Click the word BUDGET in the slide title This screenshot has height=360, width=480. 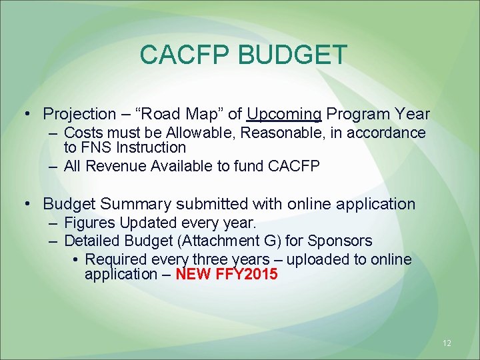click(291, 55)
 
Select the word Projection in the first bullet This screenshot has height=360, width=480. click(79, 114)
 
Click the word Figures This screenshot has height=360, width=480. click(89, 222)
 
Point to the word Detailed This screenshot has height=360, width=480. click(91, 240)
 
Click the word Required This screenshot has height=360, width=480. click(117, 259)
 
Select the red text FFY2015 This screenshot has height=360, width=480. click(247, 274)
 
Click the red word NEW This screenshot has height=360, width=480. click(193, 274)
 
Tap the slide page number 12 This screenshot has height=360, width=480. click(447, 343)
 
